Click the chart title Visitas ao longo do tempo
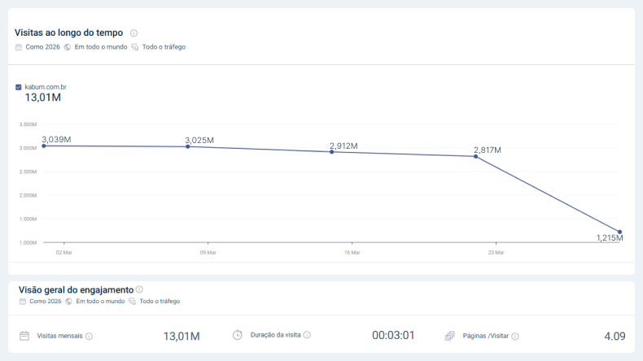(x=69, y=33)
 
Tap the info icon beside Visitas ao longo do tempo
(x=133, y=33)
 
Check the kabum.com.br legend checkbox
(x=19, y=86)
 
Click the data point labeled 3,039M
(x=44, y=146)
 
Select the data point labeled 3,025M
(x=188, y=146)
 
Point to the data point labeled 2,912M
(x=331, y=152)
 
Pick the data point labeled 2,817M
(x=475, y=156)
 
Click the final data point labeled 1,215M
(x=619, y=232)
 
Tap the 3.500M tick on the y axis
(x=28, y=124)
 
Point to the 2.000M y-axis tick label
(x=28, y=195)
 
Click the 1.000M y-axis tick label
(x=28, y=242)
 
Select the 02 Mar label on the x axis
(x=63, y=252)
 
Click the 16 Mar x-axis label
(x=352, y=252)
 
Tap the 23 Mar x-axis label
(x=496, y=252)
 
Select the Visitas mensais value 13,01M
(x=182, y=336)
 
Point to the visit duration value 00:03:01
(x=393, y=336)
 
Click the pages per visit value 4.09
(x=615, y=336)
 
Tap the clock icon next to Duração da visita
(x=238, y=335)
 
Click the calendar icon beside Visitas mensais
(x=24, y=336)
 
